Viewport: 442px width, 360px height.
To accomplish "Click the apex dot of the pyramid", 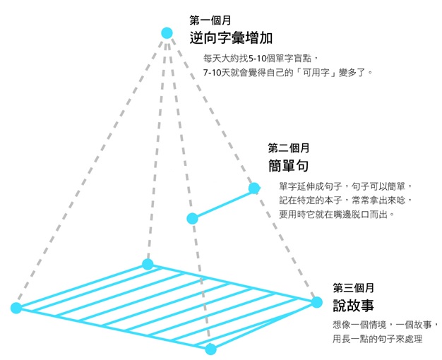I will pos(167,32).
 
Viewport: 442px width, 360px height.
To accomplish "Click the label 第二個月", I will pos(289,148).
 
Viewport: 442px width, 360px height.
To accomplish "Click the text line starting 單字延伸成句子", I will pos(345,186).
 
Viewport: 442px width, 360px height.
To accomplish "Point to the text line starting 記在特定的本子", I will pos(345,200).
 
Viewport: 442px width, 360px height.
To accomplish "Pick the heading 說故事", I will pos(353,306).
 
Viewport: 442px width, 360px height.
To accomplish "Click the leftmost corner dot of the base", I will pos(16,307).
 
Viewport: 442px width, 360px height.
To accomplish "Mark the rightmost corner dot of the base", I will pos(317,301).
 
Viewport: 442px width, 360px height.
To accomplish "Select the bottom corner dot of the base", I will pos(210,348).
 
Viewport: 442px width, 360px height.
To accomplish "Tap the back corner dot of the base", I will pos(148,264).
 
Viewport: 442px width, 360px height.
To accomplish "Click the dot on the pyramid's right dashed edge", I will pos(253,188).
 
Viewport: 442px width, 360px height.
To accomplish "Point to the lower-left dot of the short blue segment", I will pos(192,218).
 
